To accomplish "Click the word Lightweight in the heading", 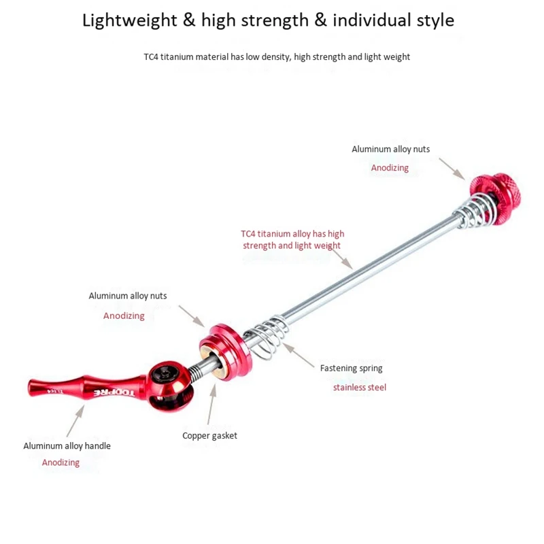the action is pos(129,20).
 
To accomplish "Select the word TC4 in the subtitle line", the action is pos(151,57).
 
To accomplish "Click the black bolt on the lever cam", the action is pos(165,375).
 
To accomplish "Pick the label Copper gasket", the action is pos(209,436).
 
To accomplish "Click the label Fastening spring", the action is pos(351,369).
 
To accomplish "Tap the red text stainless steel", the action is pos(359,388).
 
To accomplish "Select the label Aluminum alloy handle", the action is pos(67,446).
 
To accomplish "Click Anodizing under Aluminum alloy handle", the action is pos(61,462).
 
